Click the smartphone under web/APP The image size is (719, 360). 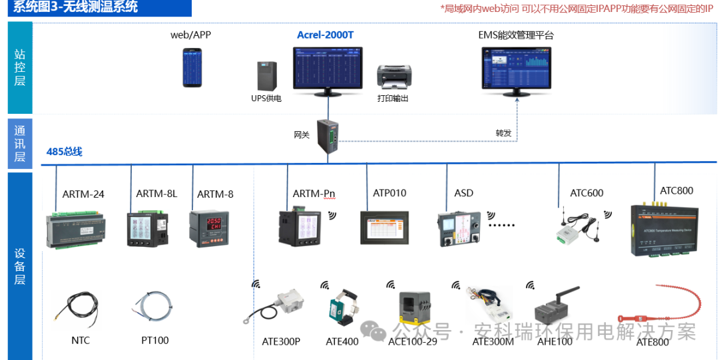[192, 67]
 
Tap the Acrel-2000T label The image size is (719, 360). [325, 35]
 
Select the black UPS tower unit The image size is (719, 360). [267, 77]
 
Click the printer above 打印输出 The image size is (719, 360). [393, 78]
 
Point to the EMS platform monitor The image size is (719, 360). [517, 72]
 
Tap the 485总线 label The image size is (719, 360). [65, 152]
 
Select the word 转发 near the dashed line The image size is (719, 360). [503, 133]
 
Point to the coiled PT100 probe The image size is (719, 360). [153, 307]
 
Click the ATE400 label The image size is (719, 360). [342, 342]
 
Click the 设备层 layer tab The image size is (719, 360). [20, 266]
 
